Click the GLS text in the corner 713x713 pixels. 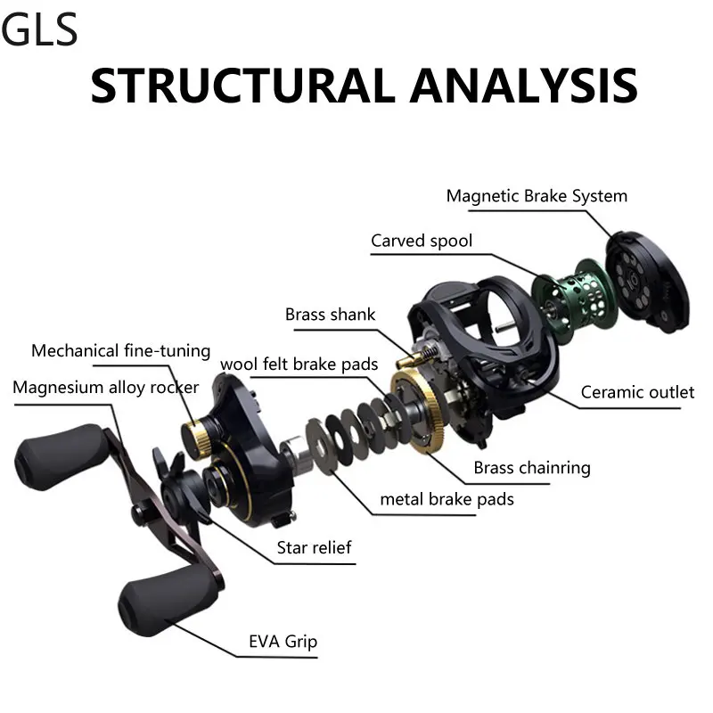pyautogui.click(x=39, y=29)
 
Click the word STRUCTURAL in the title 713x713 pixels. pyautogui.click(x=243, y=86)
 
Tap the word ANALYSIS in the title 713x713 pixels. pyautogui.click(x=524, y=86)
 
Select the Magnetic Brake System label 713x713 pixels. pyautogui.click(x=537, y=196)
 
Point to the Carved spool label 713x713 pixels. pyautogui.click(x=422, y=241)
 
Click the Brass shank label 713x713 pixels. pyautogui.click(x=330, y=315)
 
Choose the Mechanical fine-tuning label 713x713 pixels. pyautogui.click(x=121, y=351)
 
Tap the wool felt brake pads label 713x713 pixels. pyautogui.click(x=299, y=365)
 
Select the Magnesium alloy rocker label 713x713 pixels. pyautogui.click(x=105, y=388)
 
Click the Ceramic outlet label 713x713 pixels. pyautogui.click(x=637, y=392)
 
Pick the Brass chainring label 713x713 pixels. pyautogui.click(x=532, y=468)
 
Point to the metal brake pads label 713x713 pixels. pyautogui.click(x=447, y=499)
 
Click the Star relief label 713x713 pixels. pyautogui.click(x=315, y=547)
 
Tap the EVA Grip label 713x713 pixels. pyautogui.click(x=283, y=642)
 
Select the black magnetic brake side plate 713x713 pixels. pyautogui.click(x=648, y=281)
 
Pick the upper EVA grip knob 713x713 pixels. pyautogui.click(x=60, y=456)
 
